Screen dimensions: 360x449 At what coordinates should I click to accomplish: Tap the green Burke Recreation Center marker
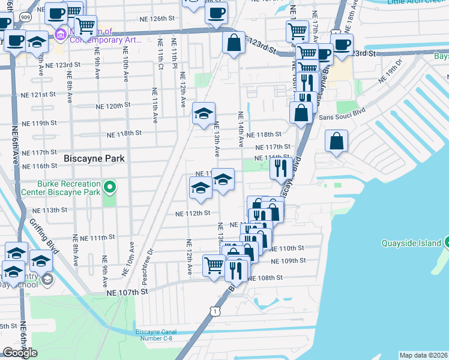[109, 188]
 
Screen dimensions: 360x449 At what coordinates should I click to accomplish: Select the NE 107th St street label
[127, 292]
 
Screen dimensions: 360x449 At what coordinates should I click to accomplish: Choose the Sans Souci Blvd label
[342, 118]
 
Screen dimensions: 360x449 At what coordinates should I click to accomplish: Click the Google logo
[20, 353]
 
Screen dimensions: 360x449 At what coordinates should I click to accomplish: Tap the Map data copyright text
[423, 355]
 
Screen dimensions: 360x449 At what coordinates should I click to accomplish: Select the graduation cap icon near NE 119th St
[203, 113]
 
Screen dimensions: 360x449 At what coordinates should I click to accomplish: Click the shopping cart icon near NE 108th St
[214, 265]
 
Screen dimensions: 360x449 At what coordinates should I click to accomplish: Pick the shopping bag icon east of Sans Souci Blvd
[337, 142]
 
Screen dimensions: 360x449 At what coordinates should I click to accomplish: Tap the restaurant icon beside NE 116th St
[281, 169]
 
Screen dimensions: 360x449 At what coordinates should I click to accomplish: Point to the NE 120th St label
[114, 106]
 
